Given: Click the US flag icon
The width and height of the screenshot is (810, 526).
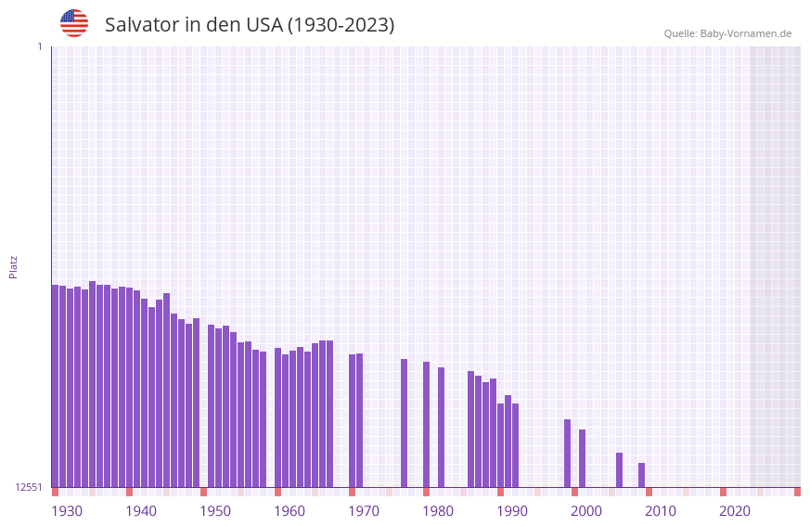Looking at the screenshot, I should pos(74,23).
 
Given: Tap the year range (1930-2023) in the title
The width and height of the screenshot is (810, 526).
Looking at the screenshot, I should pos(340,25).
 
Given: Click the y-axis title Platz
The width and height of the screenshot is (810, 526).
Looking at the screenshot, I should pos(13,266).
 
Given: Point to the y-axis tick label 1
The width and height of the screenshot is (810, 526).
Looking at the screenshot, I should pos(39,46).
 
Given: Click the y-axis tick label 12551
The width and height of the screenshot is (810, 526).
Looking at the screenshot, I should pos(30,487).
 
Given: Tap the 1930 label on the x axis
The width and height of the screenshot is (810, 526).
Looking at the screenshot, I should pos(67,511).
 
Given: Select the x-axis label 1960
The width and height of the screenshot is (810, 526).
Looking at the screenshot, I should pos(289,511).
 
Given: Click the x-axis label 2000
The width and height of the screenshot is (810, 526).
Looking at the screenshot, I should pos(586,511).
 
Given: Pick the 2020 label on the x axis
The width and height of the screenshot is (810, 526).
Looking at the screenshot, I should pos(735,511).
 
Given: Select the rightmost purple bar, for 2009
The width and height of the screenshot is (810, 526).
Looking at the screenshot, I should pos(641,475).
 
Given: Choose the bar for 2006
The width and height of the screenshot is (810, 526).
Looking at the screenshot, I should pos(619,469).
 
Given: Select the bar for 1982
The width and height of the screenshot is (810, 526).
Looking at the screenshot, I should pos(441,427).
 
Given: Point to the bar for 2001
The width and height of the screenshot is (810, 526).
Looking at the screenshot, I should pos(582,458).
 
